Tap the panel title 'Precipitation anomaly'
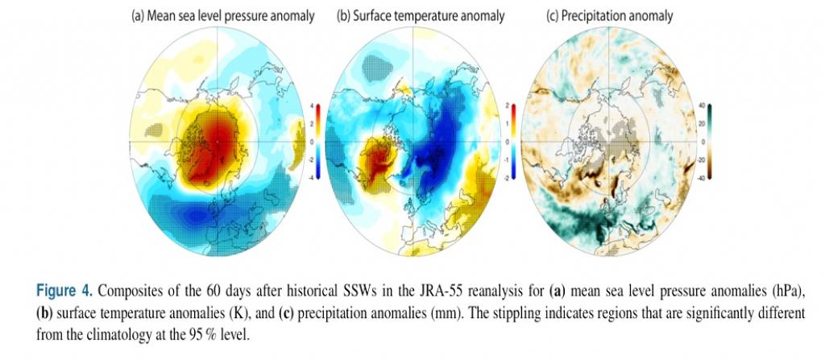tap(620, 15)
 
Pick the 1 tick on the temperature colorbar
tap(516, 124)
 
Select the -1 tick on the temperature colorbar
tap(515, 159)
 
